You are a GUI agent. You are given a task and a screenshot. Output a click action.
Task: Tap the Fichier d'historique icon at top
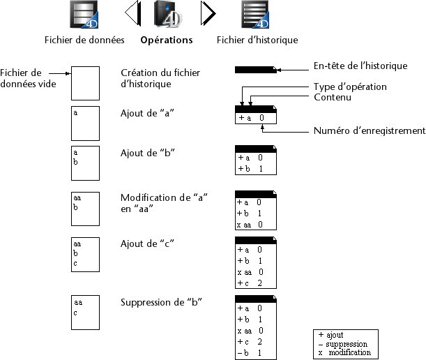click(256, 15)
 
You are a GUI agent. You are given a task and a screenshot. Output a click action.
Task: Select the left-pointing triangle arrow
click(132, 13)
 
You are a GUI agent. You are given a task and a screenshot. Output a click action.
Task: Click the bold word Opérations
click(167, 40)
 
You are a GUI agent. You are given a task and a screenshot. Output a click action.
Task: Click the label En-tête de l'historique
click(360, 66)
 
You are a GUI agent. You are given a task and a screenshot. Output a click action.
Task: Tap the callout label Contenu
click(332, 98)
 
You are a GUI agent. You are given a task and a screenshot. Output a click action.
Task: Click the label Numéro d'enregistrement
click(370, 130)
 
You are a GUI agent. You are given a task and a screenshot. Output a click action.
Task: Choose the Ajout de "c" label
click(146, 243)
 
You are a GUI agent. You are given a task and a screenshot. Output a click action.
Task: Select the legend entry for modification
click(344, 354)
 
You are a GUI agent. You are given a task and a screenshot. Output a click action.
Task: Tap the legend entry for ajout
click(332, 335)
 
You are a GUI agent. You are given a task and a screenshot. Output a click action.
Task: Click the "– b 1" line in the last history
click(251, 353)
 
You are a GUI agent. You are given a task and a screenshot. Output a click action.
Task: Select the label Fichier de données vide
click(21, 79)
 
